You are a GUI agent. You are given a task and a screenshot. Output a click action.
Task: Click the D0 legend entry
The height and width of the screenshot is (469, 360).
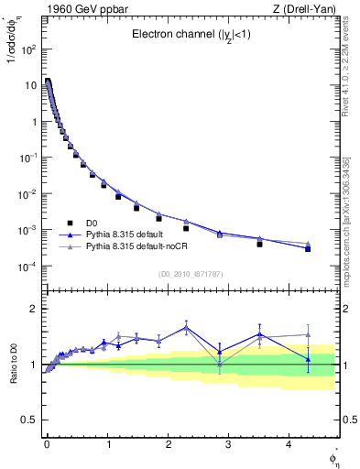click(93, 224)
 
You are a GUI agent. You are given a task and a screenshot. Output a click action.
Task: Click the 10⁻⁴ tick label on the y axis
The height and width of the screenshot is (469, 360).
click(26, 267)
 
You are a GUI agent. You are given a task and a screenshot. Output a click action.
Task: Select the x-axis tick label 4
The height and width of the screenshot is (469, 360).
click(289, 444)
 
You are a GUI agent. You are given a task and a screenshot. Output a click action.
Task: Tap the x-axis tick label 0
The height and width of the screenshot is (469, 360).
click(47, 444)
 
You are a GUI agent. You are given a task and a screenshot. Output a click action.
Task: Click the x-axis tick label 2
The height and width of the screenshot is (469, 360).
click(168, 444)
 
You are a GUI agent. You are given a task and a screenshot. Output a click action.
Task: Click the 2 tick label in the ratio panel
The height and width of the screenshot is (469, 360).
click(32, 309)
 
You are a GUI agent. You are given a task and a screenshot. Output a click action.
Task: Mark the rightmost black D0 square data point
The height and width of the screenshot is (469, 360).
click(308, 249)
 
